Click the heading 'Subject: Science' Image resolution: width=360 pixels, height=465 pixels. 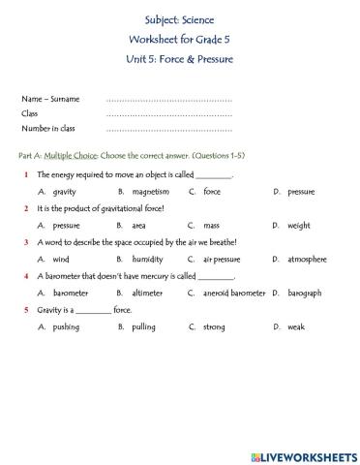(x=179, y=18)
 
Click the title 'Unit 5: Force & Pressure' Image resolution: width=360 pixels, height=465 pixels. (x=179, y=59)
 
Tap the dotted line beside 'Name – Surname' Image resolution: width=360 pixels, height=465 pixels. (x=168, y=99)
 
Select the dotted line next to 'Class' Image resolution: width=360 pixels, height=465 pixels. (x=168, y=113)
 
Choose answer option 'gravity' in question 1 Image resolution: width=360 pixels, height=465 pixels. (x=65, y=192)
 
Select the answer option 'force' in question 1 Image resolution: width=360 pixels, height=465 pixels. (x=212, y=192)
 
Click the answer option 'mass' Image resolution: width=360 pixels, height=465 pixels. (x=211, y=226)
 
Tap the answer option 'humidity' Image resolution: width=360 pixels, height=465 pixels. (x=148, y=260)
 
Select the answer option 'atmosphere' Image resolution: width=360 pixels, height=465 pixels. (x=307, y=260)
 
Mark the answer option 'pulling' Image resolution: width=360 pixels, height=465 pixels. (x=144, y=327)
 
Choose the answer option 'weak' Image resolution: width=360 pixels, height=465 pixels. (x=295, y=327)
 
